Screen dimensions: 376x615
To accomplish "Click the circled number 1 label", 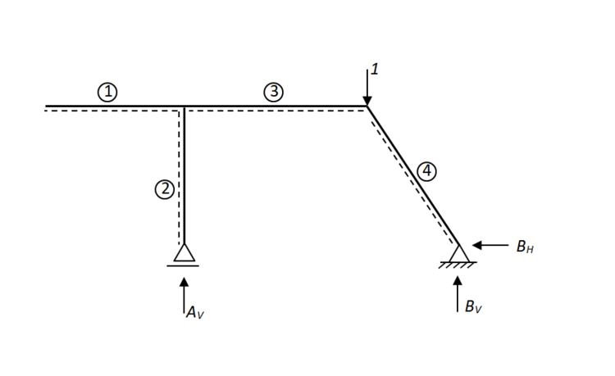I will (107, 92).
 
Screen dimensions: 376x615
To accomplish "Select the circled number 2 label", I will (164, 189).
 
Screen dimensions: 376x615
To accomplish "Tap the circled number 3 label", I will (274, 92).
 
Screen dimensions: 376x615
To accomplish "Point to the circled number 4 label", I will (426, 171).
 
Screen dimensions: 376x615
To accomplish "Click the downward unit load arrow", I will (367, 87).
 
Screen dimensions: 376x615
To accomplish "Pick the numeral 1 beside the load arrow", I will (375, 70).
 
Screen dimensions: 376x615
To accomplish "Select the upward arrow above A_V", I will (184, 295).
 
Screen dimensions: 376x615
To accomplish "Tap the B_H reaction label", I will (526, 247).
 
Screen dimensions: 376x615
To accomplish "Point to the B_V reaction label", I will (472, 307).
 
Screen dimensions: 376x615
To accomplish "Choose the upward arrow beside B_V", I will (458, 294).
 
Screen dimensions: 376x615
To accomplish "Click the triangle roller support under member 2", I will (184, 253).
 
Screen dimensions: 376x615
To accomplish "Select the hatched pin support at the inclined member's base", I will (458, 255).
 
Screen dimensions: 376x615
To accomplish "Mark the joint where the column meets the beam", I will (184, 106).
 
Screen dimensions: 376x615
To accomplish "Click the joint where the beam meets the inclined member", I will (367, 106).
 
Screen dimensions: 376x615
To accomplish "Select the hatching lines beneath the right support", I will (458, 265).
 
